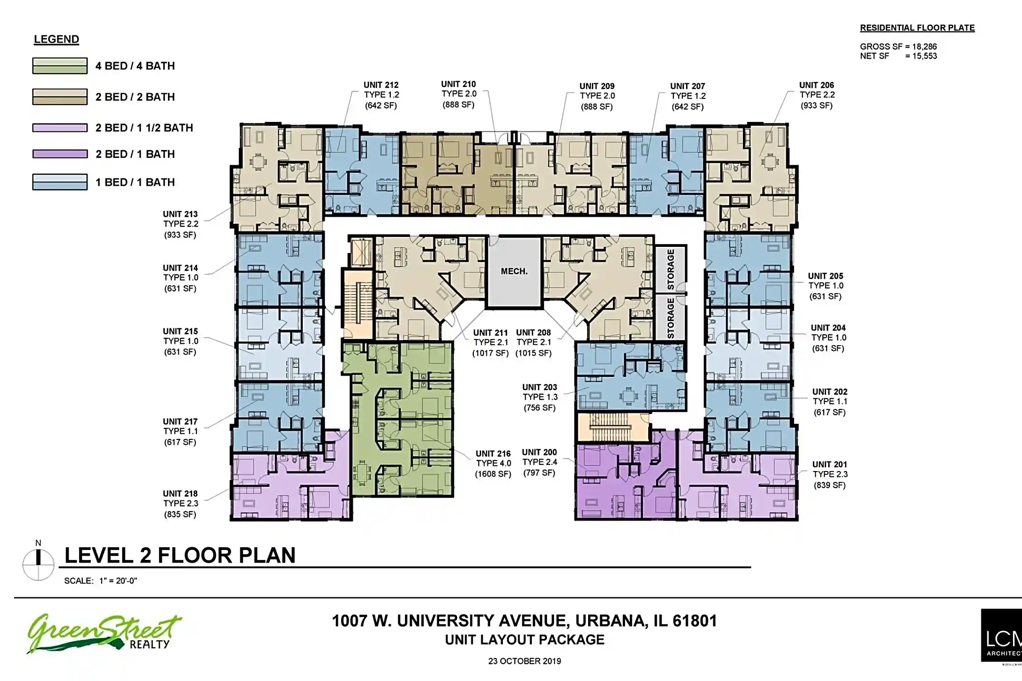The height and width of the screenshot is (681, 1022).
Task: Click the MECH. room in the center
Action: [514, 272]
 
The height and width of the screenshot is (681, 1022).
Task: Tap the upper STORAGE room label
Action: [670, 269]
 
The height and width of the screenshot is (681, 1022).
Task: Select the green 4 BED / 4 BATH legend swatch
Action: [60, 66]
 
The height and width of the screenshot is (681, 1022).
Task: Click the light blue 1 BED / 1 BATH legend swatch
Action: [60, 182]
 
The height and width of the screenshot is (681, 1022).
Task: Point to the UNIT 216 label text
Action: [493, 454]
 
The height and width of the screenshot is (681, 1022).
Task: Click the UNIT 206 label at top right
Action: [816, 85]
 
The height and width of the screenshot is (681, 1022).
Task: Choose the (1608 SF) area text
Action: [493, 474]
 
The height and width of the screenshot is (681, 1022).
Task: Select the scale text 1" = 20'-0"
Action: [118, 581]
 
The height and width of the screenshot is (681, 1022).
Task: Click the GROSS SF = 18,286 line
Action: [898, 46]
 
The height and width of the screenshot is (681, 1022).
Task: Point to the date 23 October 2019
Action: [524, 661]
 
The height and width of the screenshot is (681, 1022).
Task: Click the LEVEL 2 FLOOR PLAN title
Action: [180, 555]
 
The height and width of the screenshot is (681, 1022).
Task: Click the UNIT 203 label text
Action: [539, 387]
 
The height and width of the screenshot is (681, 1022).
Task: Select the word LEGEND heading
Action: [56, 39]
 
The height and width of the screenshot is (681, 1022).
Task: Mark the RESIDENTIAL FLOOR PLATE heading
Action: [917, 28]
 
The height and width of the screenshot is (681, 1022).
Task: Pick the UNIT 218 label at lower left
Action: [180, 493]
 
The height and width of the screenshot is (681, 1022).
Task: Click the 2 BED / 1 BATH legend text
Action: [135, 154]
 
